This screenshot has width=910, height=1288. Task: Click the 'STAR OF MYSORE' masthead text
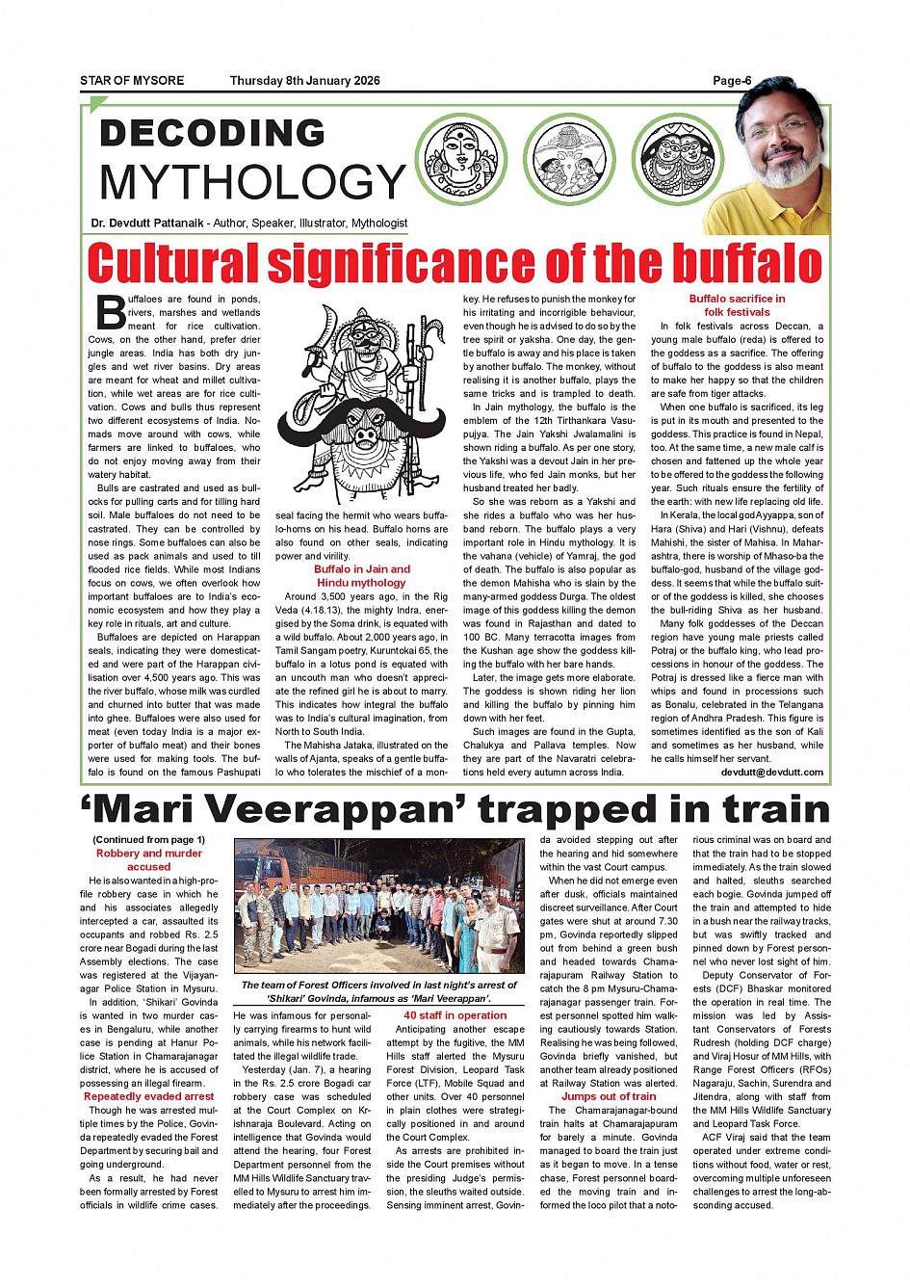point(132,81)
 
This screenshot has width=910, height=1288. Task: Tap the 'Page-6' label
point(732,81)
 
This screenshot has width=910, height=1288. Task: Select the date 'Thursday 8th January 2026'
point(304,81)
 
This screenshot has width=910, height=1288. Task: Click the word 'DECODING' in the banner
point(213,133)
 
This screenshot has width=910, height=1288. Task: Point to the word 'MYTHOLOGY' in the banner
point(252,182)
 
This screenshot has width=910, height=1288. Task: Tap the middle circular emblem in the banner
point(572,159)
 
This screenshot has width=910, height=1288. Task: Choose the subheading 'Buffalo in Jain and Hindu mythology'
point(361,576)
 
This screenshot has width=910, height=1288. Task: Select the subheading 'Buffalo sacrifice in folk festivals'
point(737,305)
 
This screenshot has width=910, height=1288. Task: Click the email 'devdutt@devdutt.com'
point(771,773)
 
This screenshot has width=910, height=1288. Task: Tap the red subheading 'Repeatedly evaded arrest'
point(148,1096)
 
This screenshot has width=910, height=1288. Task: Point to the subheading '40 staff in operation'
point(455,1015)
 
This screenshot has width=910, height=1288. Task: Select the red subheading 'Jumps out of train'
point(609,1096)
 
